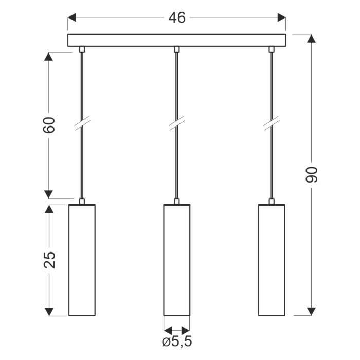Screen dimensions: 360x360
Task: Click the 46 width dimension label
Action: coord(177,17)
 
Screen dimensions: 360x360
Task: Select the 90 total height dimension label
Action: coord(311,174)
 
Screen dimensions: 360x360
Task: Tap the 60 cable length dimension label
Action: coord(49,125)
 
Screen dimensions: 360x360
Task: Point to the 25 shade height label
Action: coord(49,260)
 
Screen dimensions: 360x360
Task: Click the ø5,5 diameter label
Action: coord(177,341)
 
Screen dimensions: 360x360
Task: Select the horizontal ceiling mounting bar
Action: coord(176,41)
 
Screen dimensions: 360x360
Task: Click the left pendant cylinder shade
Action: coord(82,260)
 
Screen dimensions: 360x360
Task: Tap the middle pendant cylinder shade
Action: coord(177,260)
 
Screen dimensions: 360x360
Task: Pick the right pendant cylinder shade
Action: coord(272,260)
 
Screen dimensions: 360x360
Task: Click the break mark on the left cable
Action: coord(82,123)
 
